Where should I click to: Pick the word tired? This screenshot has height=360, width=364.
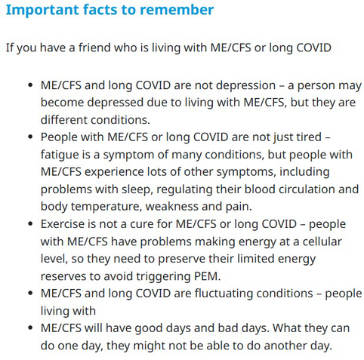309,137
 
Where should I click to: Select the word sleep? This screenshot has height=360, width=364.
137,189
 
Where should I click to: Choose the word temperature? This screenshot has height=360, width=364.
104,207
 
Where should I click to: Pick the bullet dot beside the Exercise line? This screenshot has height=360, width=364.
30,224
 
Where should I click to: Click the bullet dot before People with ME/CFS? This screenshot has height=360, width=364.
30,137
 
